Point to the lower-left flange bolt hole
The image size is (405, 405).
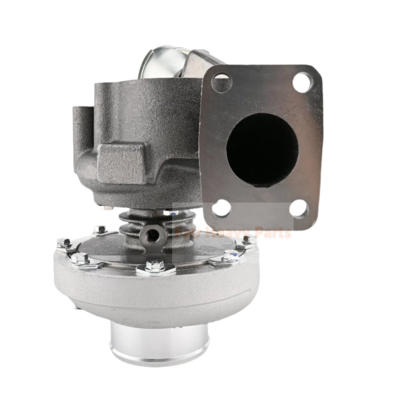(x=221, y=208)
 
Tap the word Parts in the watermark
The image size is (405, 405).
(x=274, y=233)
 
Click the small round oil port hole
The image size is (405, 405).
(x=152, y=234)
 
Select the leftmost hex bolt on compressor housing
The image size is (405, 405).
(x=64, y=243)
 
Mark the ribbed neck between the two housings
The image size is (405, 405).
(x=137, y=223)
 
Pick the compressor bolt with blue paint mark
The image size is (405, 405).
(x=230, y=256)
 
